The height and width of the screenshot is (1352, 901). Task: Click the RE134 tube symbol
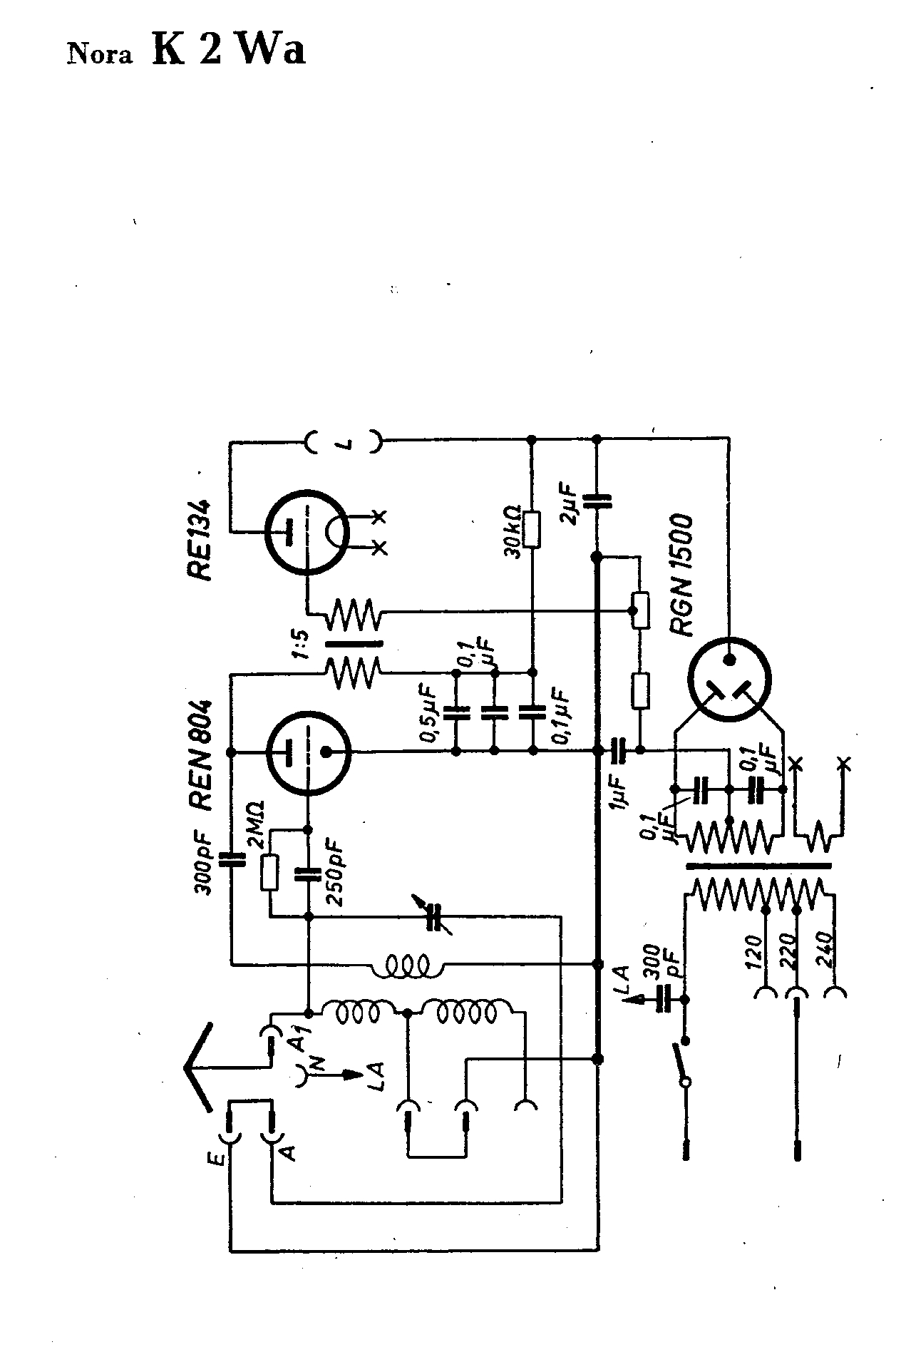(x=307, y=531)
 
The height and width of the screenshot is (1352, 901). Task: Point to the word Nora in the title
(x=100, y=55)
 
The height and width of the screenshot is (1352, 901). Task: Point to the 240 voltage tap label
(x=828, y=948)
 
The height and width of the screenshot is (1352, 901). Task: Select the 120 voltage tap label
(x=756, y=948)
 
